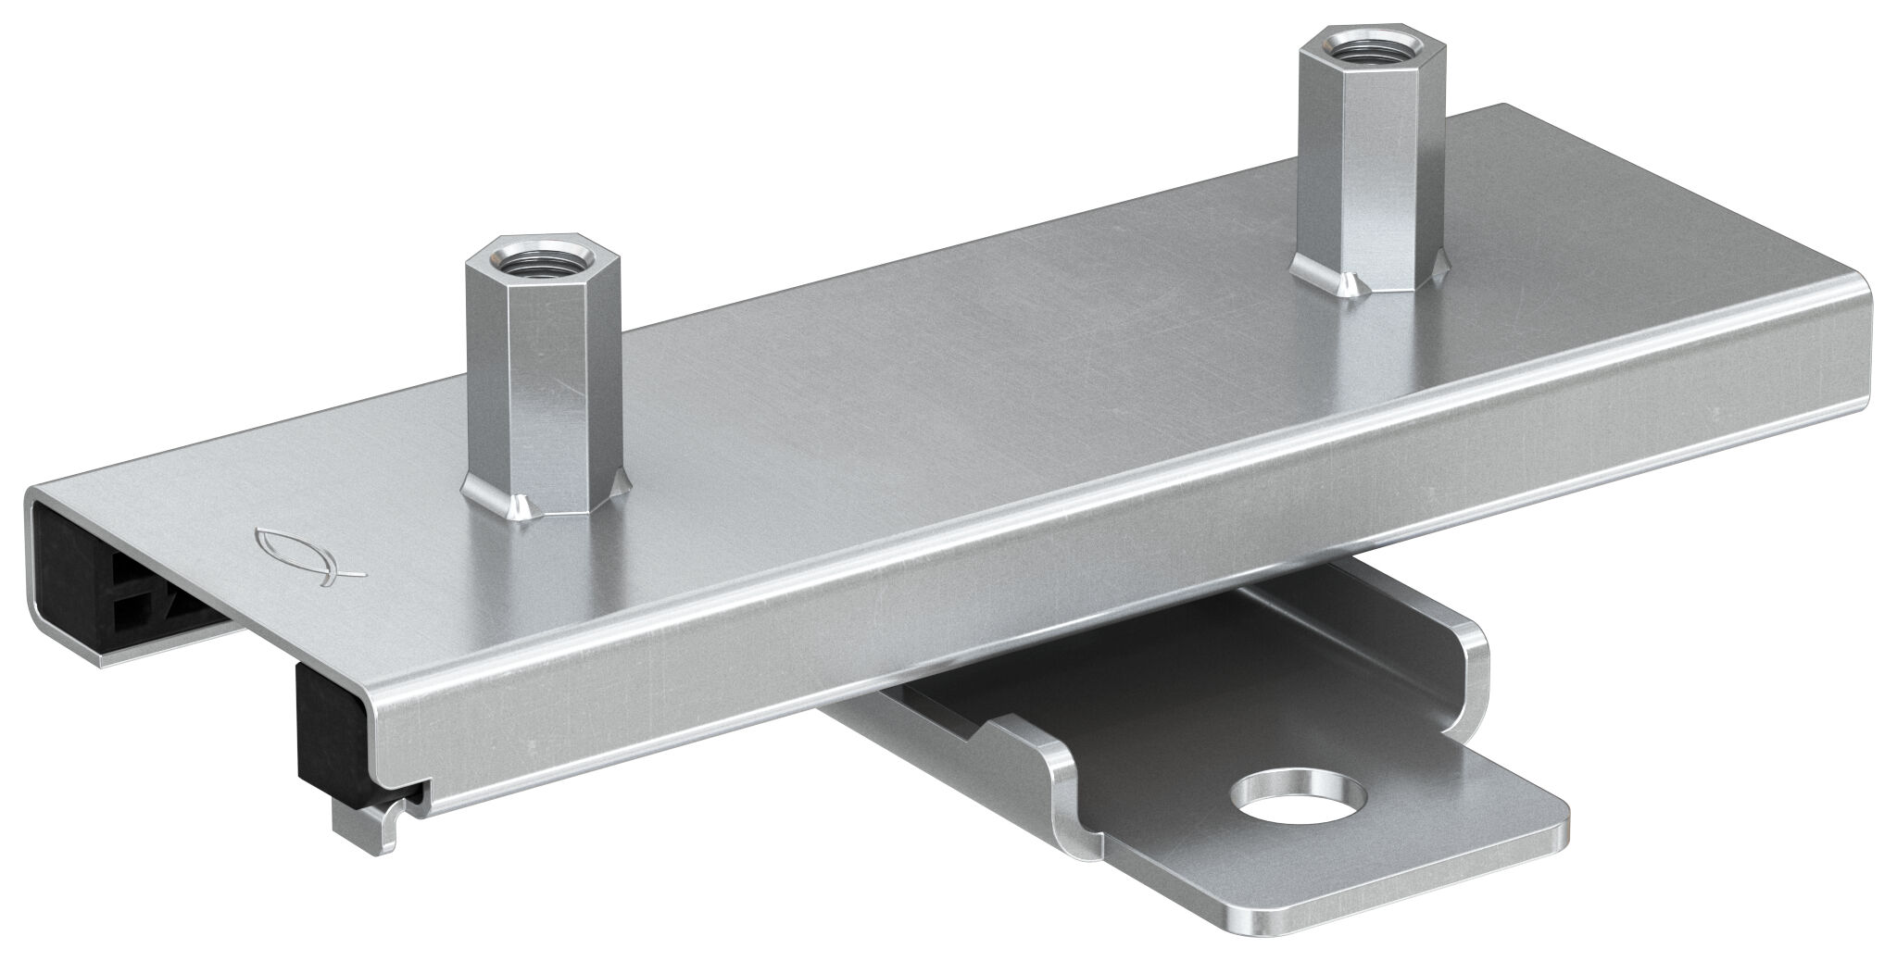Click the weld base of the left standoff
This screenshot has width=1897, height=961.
pyautogui.click(x=519, y=505)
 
